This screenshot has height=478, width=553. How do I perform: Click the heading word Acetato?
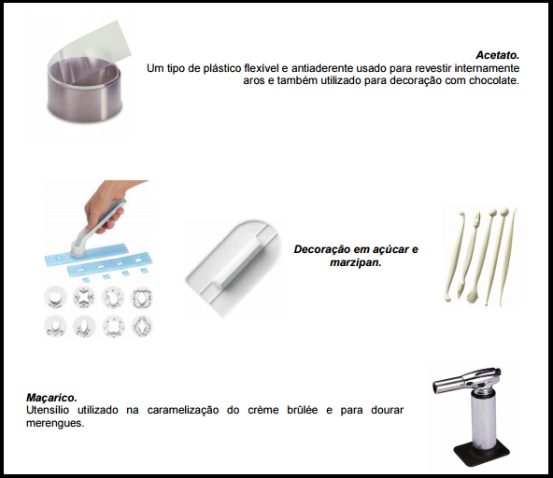pos(497,55)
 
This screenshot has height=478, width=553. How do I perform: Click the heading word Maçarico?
pos(51,398)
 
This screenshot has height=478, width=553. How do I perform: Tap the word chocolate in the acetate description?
pos(494,80)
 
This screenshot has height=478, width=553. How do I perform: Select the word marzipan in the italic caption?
pos(356,262)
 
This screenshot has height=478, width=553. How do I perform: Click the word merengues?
pos(55,423)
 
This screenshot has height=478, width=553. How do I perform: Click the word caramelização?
pos(183,411)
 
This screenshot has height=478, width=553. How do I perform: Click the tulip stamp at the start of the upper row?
pos(55,298)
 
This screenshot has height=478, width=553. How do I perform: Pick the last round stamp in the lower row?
pos(142,327)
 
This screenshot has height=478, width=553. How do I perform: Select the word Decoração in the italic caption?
pos(319,249)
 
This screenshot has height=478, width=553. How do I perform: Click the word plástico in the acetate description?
pos(222,68)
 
